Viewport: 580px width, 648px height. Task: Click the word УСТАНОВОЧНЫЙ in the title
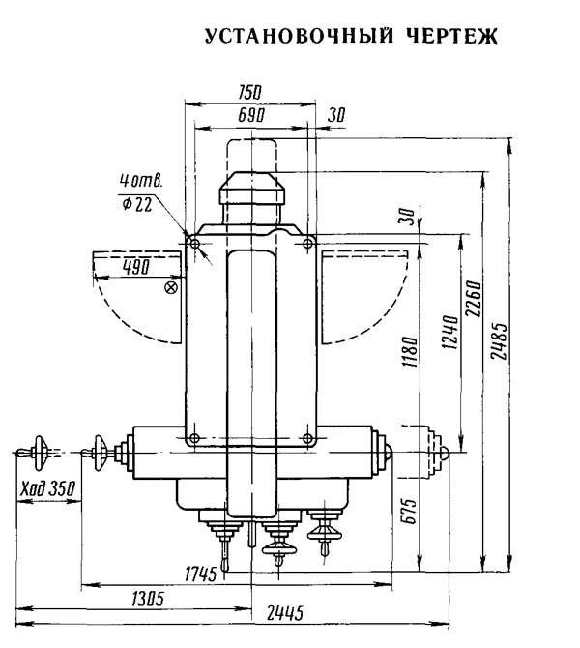click(299, 37)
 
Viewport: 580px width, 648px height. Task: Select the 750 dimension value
click(250, 92)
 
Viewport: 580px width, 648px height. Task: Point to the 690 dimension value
click(251, 115)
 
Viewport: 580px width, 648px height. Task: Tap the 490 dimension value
click(136, 267)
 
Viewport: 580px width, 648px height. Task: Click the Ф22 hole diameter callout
click(137, 204)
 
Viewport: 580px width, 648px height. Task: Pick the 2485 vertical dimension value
click(500, 340)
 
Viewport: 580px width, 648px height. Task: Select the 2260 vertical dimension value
click(474, 299)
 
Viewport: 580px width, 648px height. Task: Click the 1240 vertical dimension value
click(449, 333)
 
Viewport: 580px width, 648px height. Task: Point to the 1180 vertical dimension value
click(410, 351)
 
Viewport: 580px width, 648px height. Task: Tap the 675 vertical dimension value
click(410, 512)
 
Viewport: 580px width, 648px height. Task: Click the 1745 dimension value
click(201, 574)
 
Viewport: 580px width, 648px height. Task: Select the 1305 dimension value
click(148, 599)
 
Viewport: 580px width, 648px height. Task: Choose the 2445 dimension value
click(285, 613)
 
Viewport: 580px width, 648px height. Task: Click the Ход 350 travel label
click(48, 488)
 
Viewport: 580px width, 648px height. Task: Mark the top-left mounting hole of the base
click(195, 244)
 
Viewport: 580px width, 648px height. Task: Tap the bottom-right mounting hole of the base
click(307, 438)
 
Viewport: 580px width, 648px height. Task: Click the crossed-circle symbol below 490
click(171, 287)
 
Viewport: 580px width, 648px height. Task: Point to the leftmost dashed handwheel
click(41, 453)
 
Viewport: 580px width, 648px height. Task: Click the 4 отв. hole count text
click(141, 181)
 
